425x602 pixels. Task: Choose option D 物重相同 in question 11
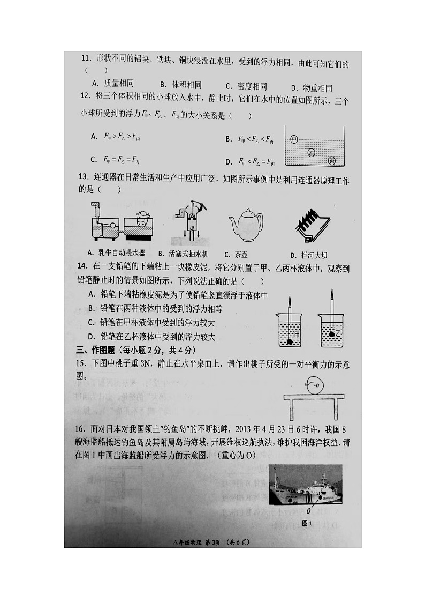(311, 88)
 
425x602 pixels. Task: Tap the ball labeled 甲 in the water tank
(294, 139)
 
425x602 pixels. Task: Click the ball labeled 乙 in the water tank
(312, 153)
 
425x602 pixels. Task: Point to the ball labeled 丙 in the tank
(332, 161)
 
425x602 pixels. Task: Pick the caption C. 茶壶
(236, 255)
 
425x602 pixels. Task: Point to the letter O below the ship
(309, 511)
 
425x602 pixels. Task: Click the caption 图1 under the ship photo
(307, 523)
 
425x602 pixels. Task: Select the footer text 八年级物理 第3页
(197, 542)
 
